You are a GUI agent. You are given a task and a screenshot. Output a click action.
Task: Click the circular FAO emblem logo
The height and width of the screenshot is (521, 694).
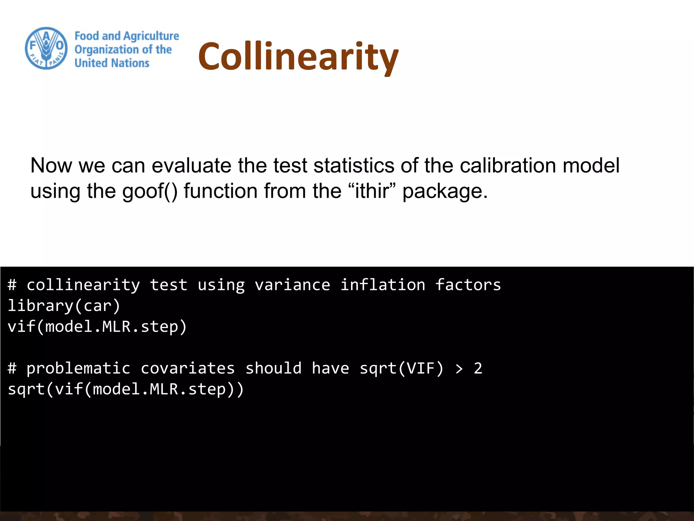(x=46, y=48)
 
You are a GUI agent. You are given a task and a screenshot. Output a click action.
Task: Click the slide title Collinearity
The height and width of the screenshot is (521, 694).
(x=298, y=56)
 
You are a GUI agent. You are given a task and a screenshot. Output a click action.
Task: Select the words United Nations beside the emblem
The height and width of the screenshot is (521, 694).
(x=112, y=63)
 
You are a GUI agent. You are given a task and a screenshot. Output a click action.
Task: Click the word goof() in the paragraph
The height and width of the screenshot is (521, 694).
(x=150, y=191)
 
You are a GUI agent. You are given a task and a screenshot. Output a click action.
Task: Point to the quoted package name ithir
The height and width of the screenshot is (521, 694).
(x=372, y=191)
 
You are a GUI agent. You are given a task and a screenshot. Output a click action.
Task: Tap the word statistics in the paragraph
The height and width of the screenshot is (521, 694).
(x=354, y=166)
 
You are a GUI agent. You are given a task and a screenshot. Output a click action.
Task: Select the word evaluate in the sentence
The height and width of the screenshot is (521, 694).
(x=192, y=166)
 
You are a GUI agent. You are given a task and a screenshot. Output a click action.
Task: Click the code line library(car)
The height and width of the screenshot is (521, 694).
(x=64, y=306)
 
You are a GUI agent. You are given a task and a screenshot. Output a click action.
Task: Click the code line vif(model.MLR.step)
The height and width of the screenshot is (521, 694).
(x=97, y=327)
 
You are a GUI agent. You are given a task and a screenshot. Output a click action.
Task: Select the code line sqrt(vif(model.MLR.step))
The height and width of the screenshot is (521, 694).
(x=126, y=389)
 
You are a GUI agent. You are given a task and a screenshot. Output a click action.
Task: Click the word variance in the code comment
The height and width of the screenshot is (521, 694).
(x=292, y=285)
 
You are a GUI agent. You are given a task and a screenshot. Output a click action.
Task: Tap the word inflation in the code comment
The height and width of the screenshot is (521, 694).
(x=383, y=285)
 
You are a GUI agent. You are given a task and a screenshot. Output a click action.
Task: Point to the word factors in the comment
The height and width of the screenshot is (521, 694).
(x=468, y=285)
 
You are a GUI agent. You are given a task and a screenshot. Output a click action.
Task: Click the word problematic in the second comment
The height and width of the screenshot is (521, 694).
(x=78, y=368)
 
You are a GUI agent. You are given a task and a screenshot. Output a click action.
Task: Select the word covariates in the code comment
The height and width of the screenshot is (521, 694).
(x=187, y=368)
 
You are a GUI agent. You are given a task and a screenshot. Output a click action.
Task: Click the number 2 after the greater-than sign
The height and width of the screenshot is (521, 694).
(x=478, y=368)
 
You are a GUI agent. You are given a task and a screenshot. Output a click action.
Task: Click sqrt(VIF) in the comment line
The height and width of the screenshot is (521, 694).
(x=401, y=368)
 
